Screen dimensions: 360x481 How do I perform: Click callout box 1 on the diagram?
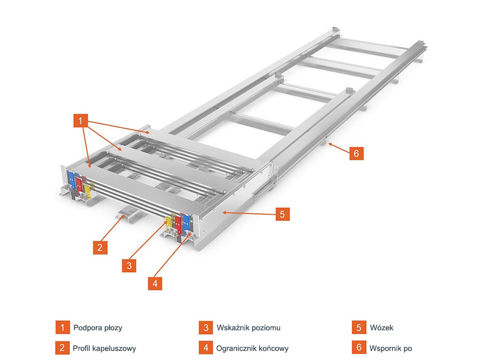tap(81, 121)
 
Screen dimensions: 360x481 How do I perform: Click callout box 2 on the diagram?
tap(100, 247)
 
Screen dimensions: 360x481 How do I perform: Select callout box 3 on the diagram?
tap(130, 265)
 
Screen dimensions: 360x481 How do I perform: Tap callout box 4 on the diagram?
tap(154, 283)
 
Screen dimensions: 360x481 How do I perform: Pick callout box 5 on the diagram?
tap(282, 214)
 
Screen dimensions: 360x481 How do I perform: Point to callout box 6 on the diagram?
tap(356, 153)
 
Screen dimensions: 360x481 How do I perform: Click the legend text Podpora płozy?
tap(98, 328)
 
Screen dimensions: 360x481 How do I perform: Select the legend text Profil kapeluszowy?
tap(104, 348)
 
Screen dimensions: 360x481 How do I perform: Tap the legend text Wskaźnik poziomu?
tap(249, 328)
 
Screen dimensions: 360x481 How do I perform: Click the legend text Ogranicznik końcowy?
tap(253, 348)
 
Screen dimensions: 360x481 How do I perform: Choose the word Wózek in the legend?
tap(382, 328)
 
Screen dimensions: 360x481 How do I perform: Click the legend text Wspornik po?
tap(391, 348)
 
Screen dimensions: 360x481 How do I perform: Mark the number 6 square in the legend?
tap(359, 348)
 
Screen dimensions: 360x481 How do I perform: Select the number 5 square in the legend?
tap(359, 328)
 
